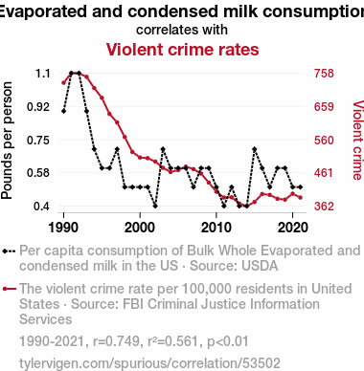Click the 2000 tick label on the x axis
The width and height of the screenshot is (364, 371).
pos(140,228)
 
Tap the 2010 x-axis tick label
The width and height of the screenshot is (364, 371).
pos(216,228)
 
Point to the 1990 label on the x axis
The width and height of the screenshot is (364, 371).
pos(63,228)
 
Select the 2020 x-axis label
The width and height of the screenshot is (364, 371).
pos(293,228)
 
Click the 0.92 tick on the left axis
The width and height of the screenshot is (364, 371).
pos(38,107)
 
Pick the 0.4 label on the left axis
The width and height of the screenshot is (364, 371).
pos(42,207)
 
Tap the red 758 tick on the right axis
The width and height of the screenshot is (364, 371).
pos(324,74)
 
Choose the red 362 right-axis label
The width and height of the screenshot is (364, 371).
pos(324,207)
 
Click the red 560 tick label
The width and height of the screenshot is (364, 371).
pos(324,141)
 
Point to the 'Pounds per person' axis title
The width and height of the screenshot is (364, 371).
pos(7,141)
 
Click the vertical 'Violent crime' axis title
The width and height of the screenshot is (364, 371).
pos(357,141)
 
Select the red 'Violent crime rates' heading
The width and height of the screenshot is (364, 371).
pos(182,50)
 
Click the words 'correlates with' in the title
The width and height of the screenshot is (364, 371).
pos(182,30)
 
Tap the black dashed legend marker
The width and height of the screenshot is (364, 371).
pos(9,251)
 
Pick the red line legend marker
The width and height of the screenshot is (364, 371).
pos(9,289)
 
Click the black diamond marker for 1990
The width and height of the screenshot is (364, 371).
pos(63,111)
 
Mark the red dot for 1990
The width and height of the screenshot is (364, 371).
pos(63,83)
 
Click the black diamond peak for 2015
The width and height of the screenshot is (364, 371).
pos(255,149)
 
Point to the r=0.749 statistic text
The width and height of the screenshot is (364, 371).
pos(116,341)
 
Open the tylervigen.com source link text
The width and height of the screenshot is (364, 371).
pos(149,363)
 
